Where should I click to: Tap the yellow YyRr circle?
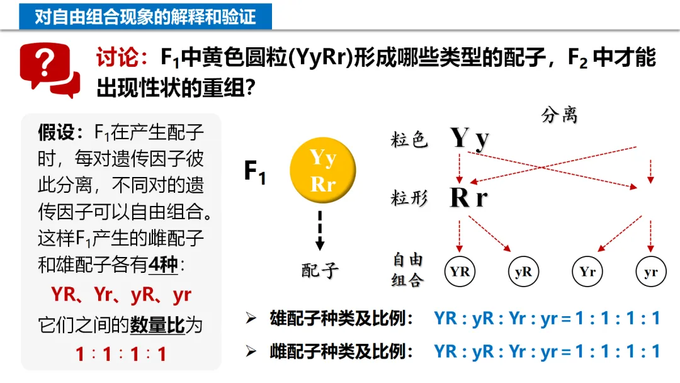click(x=322, y=171)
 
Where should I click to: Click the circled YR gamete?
click(x=460, y=272)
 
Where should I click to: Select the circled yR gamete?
click(x=524, y=272)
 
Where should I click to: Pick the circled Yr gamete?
click(x=587, y=272)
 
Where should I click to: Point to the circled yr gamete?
click(x=651, y=272)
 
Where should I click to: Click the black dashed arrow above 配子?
click(x=320, y=231)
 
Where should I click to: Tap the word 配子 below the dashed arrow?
click(x=320, y=270)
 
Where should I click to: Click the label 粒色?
click(x=409, y=140)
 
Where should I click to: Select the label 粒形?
click(x=409, y=198)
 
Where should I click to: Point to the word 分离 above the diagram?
click(x=559, y=115)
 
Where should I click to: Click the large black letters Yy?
click(x=470, y=139)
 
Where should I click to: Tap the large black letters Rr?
click(x=469, y=198)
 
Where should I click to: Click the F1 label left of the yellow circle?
click(x=255, y=172)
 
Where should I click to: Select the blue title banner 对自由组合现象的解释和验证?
click(x=145, y=16)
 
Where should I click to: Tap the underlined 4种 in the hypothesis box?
click(x=164, y=265)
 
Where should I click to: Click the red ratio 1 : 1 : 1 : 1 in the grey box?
click(x=121, y=354)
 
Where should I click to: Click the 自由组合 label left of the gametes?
click(x=408, y=270)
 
